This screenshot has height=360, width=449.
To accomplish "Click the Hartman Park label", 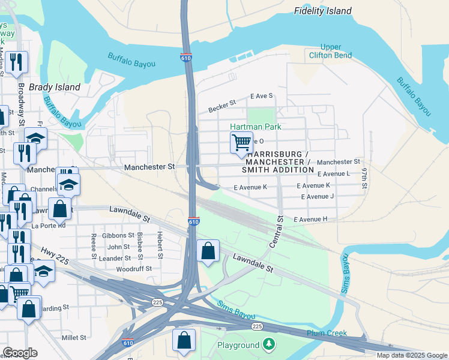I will (255, 127).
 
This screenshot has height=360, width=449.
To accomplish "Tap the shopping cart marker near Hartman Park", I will (241, 143).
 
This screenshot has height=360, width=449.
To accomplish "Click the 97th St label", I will (364, 178).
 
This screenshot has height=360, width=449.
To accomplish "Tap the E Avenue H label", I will (310, 219).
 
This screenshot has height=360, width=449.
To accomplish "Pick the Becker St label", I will (222, 107).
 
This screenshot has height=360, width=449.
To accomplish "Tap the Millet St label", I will (74, 338).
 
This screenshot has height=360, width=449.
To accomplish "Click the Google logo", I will (20, 353).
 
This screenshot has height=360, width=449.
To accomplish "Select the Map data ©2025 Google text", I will (412, 355).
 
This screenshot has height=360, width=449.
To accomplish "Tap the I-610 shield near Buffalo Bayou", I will (186, 58).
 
